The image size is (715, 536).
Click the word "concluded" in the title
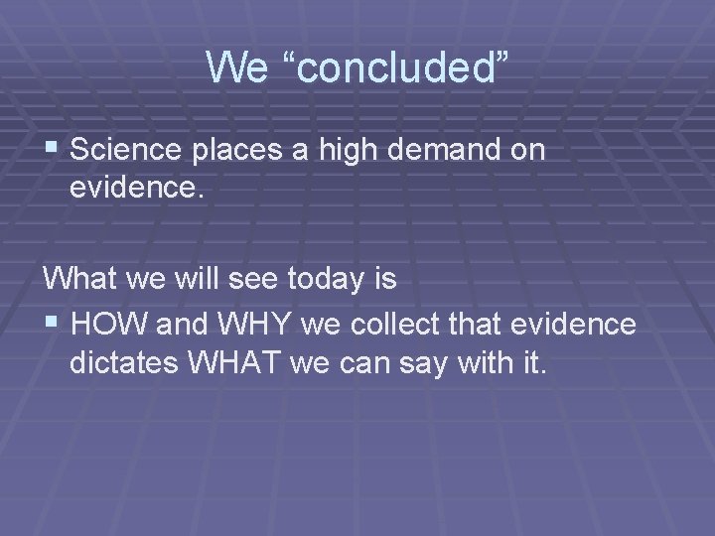click(x=393, y=67)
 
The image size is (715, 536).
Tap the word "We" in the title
click(x=234, y=67)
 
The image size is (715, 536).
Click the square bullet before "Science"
click(x=53, y=150)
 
